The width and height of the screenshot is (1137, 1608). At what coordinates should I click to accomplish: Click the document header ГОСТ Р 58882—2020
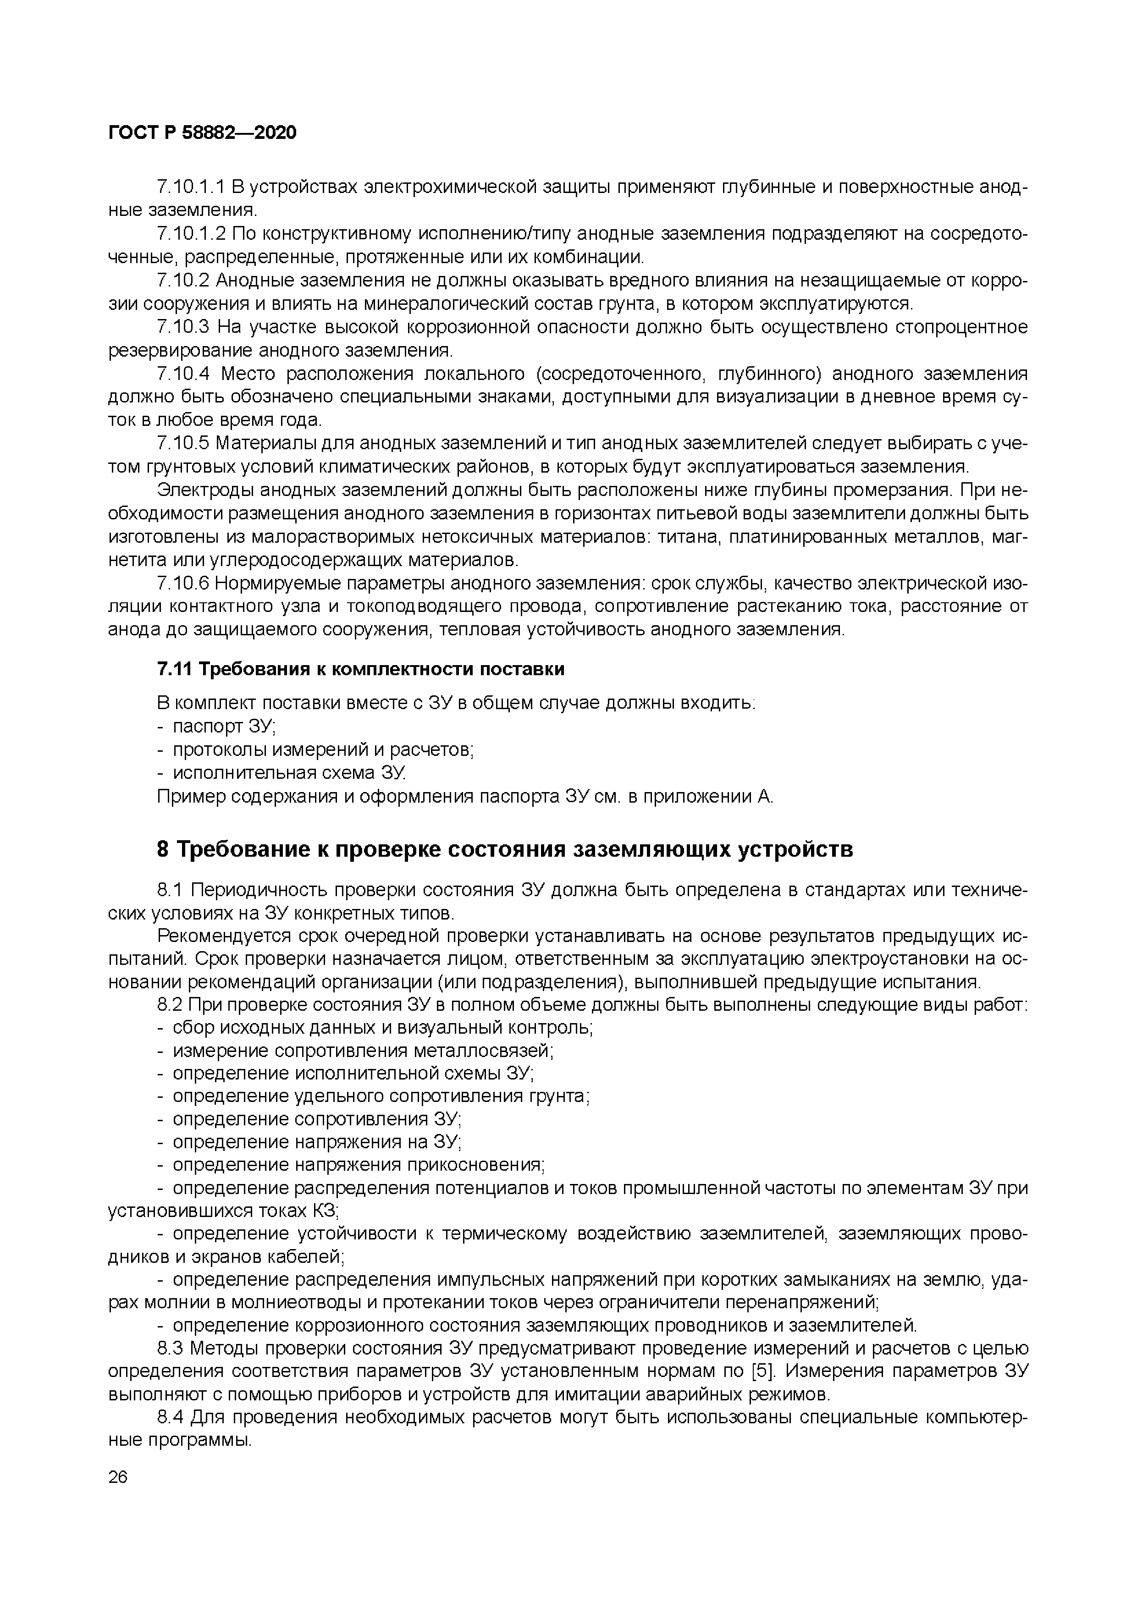[x=203, y=132]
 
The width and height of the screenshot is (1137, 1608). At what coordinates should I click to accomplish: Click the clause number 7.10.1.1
[x=191, y=187]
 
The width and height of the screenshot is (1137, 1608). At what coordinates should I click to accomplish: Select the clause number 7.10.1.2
[x=191, y=233]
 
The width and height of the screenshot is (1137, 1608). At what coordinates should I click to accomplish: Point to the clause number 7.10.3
[x=183, y=327]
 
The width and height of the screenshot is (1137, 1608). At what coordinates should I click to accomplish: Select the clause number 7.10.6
[x=183, y=583]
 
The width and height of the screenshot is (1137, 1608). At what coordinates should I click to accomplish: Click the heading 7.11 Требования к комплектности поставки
[x=361, y=669]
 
